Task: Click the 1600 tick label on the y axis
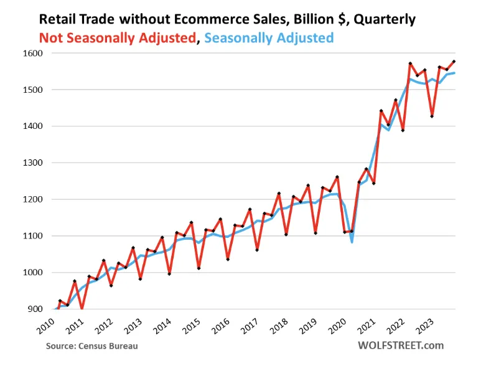33,54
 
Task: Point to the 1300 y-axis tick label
33,163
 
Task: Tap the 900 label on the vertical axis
35,309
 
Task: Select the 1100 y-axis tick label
33,236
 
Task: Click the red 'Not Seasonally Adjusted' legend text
117,38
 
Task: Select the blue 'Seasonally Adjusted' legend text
269,38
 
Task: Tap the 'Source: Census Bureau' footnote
91,346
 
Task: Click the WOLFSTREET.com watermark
401,345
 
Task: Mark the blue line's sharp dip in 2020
352,242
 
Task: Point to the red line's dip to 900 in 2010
82,309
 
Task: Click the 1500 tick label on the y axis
33,90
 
